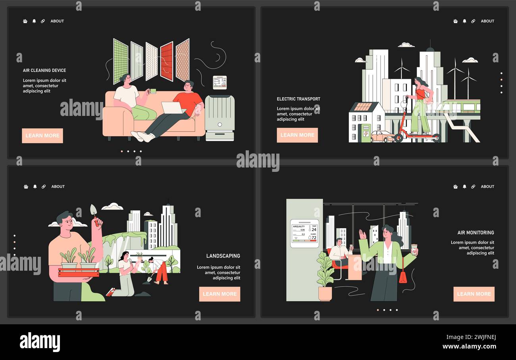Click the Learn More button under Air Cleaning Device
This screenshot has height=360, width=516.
(42, 136)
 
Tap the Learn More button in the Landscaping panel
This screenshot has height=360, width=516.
(219, 294)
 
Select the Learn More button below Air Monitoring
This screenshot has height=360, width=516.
(474, 294)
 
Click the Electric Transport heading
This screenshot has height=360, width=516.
(298, 99)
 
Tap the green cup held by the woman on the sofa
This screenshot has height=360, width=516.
(152, 91)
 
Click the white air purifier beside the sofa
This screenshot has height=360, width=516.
(219, 117)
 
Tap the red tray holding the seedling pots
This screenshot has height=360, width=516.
(79, 272)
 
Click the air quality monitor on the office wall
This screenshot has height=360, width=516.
(304, 233)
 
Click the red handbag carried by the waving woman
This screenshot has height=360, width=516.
(402, 276)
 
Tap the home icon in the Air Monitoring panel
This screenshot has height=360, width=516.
(455, 187)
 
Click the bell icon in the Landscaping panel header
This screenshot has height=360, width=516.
(35, 187)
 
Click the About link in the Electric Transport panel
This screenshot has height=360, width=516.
(487, 21)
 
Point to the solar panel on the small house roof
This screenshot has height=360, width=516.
(362, 107)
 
